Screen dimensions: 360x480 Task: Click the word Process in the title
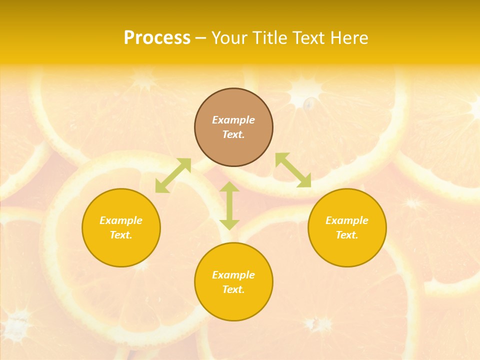pos(157,38)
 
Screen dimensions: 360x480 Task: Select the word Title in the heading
pos(269,38)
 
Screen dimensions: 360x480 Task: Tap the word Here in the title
pos(350,38)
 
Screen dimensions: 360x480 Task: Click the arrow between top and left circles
pos(173,175)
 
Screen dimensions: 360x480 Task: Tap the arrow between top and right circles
pos(293,170)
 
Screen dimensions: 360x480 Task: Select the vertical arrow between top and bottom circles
pos(229,205)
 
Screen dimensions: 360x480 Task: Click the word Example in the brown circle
pos(233,120)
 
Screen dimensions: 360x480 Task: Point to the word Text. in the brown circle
pos(233,134)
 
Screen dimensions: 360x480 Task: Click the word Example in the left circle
pos(121,220)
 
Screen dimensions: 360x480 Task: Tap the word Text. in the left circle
pos(121,235)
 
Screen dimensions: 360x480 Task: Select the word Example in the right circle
pos(347,220)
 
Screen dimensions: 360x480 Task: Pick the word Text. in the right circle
pos(347,235)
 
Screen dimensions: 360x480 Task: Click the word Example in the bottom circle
pos(233,275)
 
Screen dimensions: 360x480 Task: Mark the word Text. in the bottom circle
pos(233,289)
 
